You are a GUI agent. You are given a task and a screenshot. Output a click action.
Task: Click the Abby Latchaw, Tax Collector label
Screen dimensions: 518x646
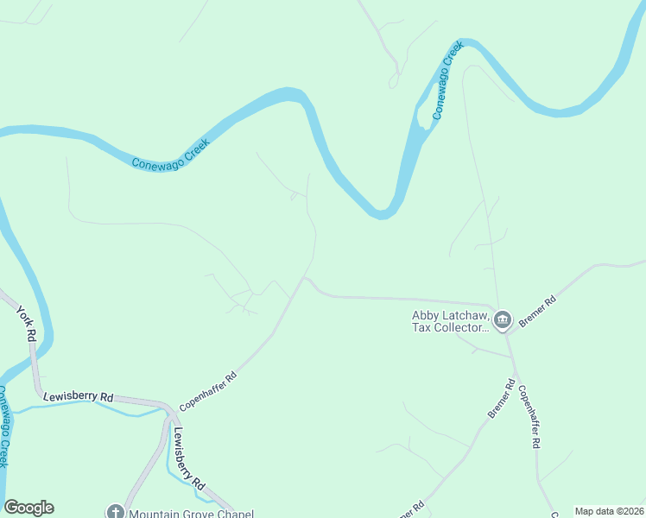[x=451, y=321]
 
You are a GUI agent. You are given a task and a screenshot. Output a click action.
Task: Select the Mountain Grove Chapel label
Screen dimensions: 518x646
[x=191, y=513]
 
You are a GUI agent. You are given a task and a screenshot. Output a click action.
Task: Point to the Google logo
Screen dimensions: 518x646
[x=28, y=508]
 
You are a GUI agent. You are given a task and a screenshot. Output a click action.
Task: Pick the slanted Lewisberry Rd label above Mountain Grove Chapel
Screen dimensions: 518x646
[x=188, y=457]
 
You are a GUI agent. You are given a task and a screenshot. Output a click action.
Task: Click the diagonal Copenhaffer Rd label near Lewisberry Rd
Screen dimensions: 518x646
[x=208, y=391]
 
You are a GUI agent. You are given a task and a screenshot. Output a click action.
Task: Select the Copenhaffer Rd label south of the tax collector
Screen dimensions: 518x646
[x=529, y=414]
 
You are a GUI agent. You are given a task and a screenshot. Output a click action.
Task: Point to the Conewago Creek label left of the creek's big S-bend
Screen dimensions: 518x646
[x=171, y=152]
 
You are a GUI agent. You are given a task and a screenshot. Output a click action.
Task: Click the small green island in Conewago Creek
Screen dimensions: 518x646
[x=424, y=116]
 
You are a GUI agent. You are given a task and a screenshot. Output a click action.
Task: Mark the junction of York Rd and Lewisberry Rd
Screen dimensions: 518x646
[x=38, y=392]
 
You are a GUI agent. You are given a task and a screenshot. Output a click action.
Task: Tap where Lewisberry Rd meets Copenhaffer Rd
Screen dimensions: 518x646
[x=169, y=406]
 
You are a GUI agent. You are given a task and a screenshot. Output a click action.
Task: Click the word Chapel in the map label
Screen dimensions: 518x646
[x=235, y=513]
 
